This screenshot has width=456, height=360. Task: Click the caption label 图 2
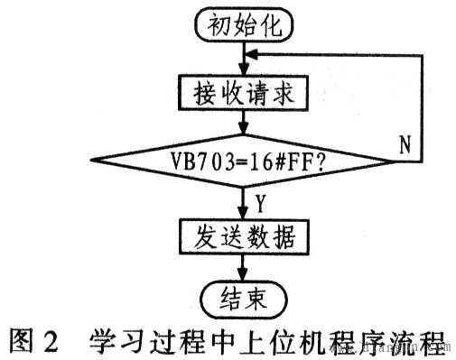[x=33, y=341]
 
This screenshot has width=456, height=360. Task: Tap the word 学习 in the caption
[x=114, y=341]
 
